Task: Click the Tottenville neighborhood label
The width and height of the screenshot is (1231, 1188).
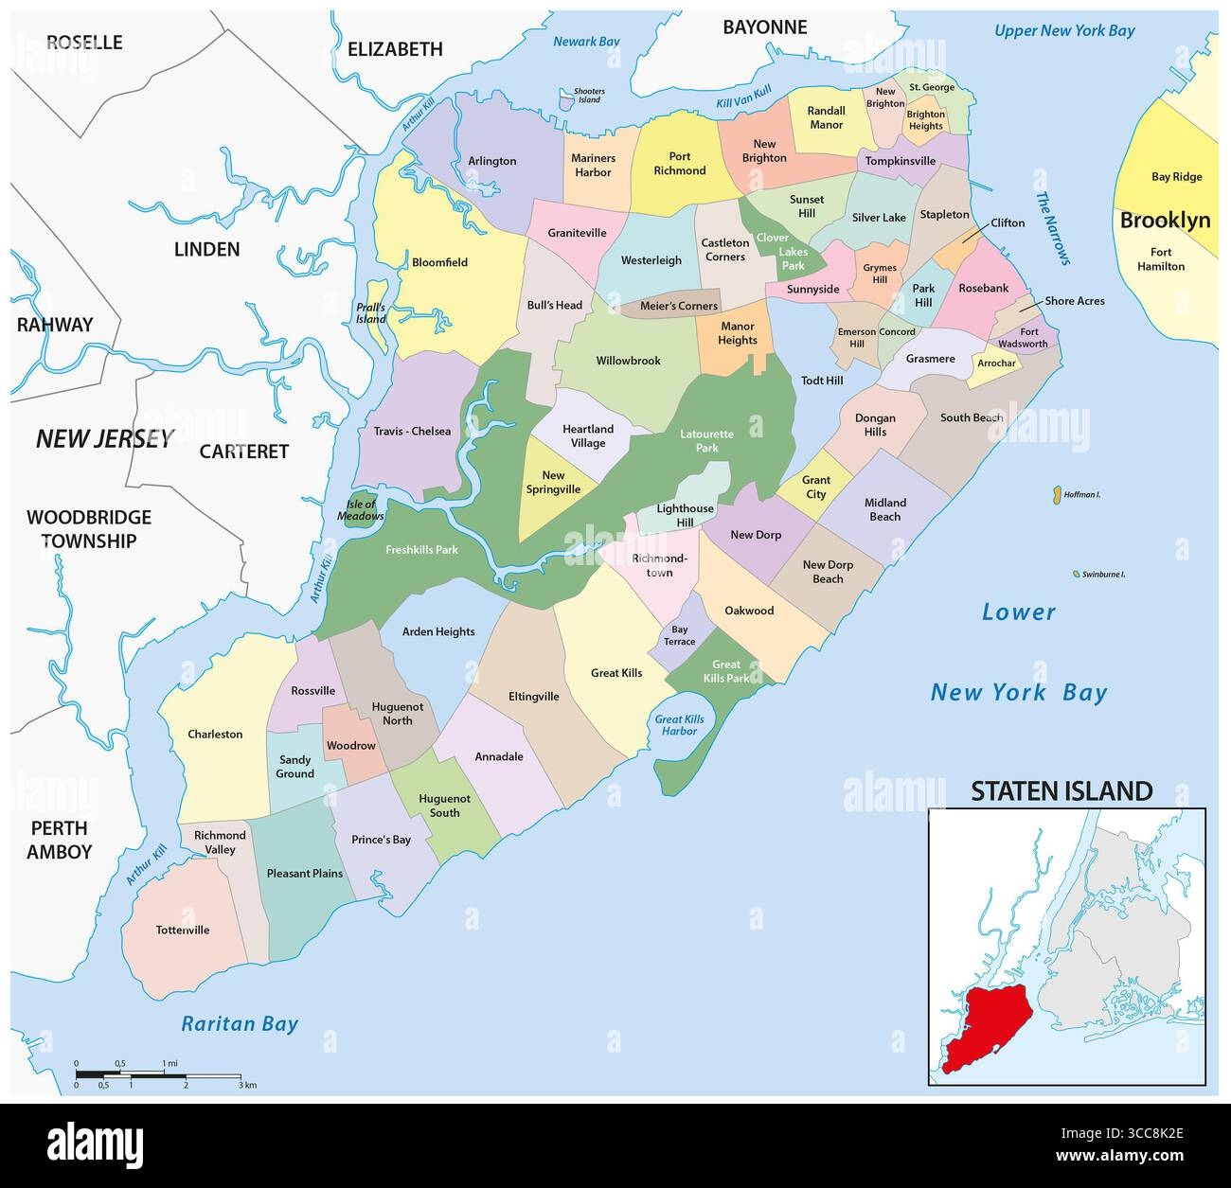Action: coord(182,930)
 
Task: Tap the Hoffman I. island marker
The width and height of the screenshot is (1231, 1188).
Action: coord(1054,494)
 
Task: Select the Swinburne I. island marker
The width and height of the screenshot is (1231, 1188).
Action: coord(1076,575)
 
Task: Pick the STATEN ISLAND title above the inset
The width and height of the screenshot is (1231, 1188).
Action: coord(1062,790)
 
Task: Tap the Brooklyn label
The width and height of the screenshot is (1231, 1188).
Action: coord(1165,221)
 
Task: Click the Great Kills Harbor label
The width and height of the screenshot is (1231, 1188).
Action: coord(679,725)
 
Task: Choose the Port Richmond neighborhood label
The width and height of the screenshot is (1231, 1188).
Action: coord(679,164)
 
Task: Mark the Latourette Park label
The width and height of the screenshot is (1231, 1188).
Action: coord(706,441)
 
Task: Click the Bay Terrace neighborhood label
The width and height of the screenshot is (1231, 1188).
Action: coord(679,635)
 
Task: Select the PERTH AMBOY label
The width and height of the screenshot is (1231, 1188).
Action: coord(59,838)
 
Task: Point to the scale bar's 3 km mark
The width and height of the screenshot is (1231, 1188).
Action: coord(247,1085)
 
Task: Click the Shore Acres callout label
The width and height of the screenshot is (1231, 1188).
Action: coord(1074,301)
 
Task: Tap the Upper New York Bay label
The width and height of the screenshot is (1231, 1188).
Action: coord(1063,31)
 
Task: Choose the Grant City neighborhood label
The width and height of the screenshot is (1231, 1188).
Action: coord(815,488)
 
